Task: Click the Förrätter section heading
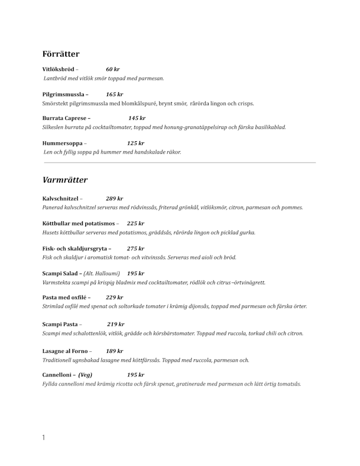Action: click(x=61, y=54)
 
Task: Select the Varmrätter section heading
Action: click(x=65, y=180)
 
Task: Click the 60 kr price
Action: click(x=112, y=69)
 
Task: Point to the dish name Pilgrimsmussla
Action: click(x=63, y=95)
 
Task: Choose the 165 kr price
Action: click(x=114, y=95)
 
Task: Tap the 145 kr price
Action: click(x=137, y=118)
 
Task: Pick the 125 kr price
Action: click(x=136, y=143)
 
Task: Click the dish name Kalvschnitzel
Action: click(x=60, y=199)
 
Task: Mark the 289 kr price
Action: click(x=114, y=199)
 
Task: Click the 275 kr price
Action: click(x=136, y=248)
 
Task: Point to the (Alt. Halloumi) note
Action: click(x=102, y=273)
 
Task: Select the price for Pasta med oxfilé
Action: click(x=114, y=297)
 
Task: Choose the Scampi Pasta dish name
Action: click(x=60, y=324)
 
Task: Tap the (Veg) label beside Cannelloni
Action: click(x=85, y=375)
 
